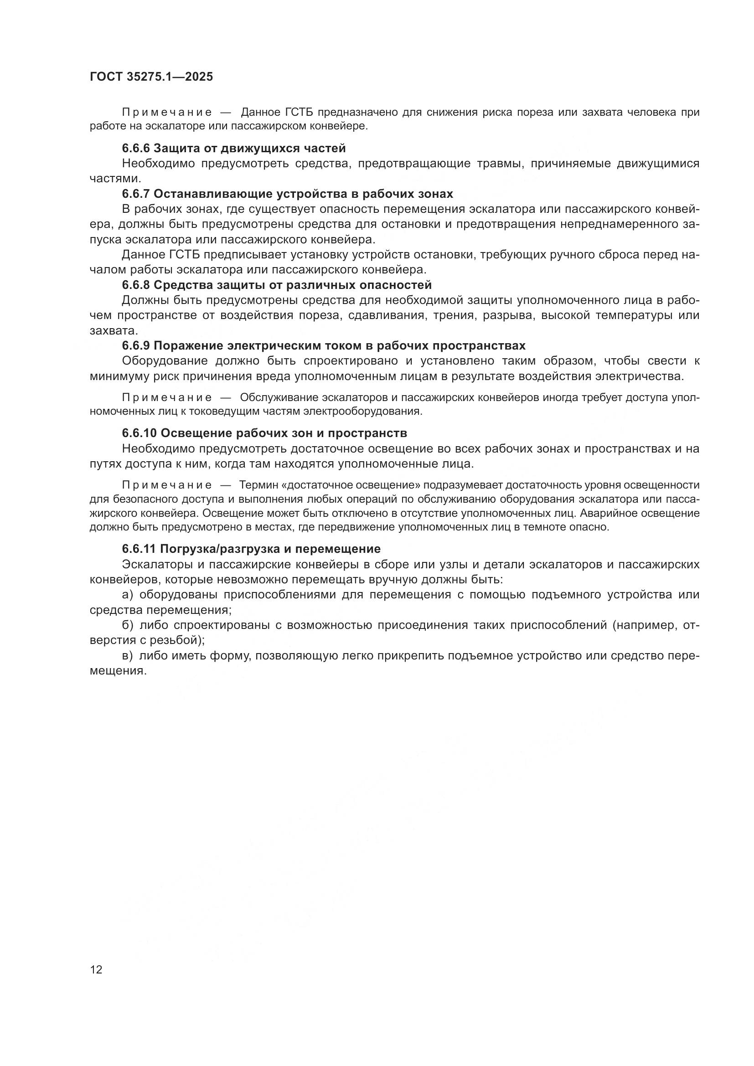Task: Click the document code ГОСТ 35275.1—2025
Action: tap(151, 77)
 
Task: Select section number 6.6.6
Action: tap(135, 149)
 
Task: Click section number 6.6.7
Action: tap(135, 194)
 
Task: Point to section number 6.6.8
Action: tap(135, 284)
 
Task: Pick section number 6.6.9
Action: tap(135, 345)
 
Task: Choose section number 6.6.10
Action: tap(139, 433)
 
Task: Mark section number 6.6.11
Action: tap(139, 549)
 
